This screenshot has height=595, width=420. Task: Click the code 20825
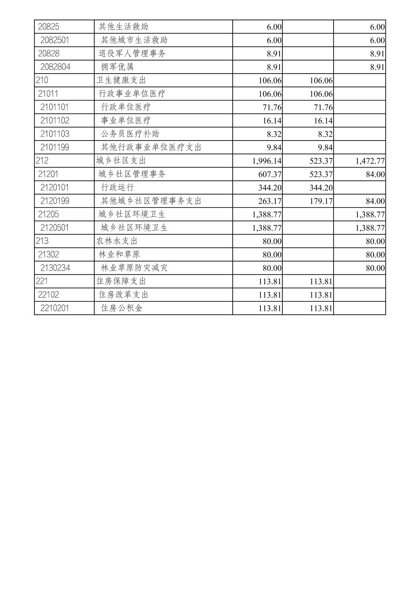48,27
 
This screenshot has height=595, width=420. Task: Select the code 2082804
55,67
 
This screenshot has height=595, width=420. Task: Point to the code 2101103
55,134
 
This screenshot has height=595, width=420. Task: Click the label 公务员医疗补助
130,134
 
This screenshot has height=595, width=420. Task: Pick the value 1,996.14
267,161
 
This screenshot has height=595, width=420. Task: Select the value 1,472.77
370,161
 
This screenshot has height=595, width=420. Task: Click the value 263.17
269,201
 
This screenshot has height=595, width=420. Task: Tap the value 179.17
321,201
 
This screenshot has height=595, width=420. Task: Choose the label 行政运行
117,188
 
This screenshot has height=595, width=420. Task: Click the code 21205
48,214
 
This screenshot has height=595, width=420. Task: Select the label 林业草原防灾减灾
134,268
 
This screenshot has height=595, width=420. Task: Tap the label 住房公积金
122,308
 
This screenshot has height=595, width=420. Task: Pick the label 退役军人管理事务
132,53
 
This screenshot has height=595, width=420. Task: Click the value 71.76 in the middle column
323,107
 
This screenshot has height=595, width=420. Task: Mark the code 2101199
55,147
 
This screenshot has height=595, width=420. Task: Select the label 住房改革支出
124,294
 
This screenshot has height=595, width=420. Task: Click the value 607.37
269,174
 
